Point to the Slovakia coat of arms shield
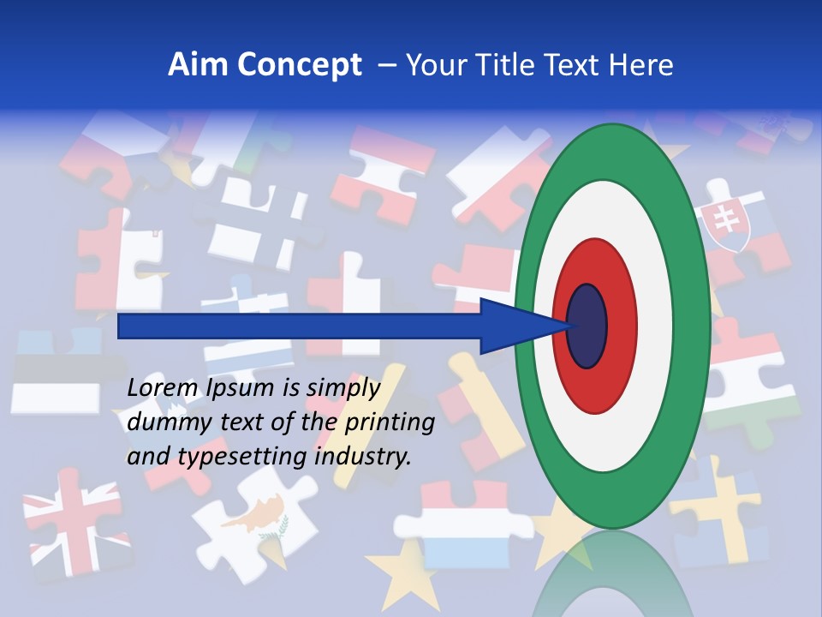click(x=724, y=221)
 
